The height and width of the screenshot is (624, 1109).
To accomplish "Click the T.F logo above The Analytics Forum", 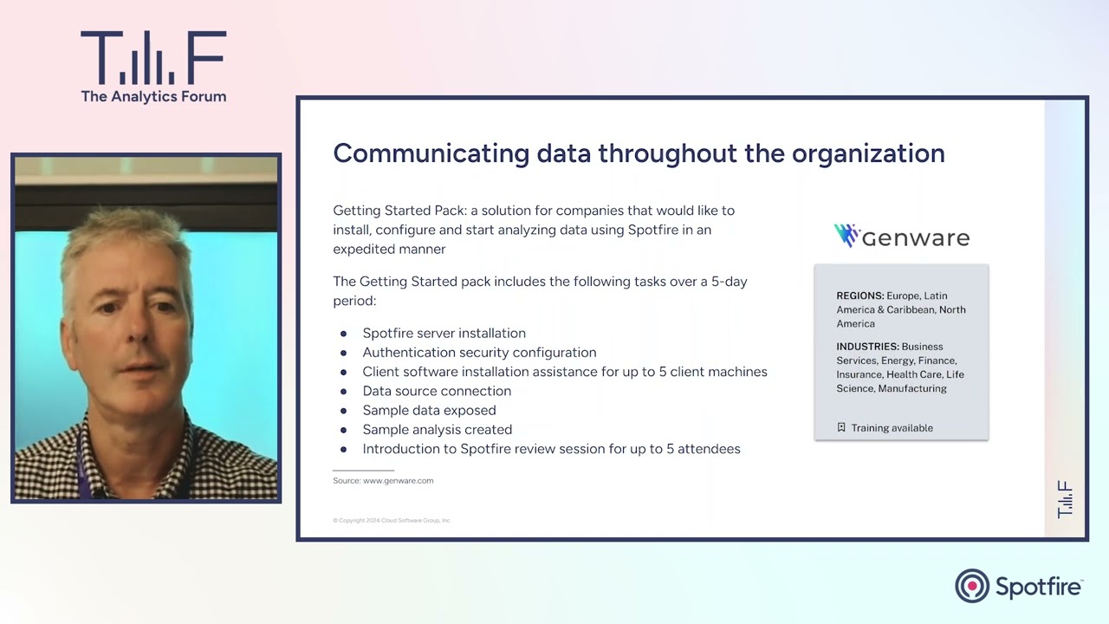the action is point(153,57).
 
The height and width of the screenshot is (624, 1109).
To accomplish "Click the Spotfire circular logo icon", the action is point(972,586).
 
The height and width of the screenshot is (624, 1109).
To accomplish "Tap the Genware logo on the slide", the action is point(902,237).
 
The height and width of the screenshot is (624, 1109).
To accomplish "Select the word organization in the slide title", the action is point(868,153).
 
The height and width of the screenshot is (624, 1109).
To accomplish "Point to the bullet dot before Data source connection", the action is point(344,392).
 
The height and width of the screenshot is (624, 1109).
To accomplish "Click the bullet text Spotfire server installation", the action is point(444,334).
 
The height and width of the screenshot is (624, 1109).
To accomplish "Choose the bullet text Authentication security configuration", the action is point(479,353).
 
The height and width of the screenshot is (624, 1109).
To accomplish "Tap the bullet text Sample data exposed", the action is point(429,411).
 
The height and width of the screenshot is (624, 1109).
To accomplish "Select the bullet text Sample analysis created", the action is point(438,430).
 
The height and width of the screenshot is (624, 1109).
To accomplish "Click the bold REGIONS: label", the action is point(860,296).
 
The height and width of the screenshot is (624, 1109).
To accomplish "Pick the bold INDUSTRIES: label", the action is point(867,347).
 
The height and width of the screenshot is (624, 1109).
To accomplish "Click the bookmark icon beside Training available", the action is point(841,427).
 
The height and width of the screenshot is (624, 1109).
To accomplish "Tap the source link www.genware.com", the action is point(398,481).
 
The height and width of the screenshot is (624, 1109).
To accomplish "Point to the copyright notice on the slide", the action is point(392,521).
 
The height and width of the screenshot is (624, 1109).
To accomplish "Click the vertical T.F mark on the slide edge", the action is point(1065,500).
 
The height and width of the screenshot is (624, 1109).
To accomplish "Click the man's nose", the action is point(136,329).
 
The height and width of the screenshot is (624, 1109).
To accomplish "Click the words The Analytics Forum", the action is point(153,96).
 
